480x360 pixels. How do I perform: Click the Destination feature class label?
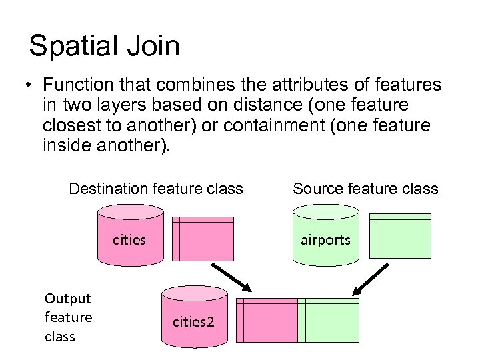point(156,189)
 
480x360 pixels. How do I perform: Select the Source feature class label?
point(365,189)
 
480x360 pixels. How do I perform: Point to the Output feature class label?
point(68,317)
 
